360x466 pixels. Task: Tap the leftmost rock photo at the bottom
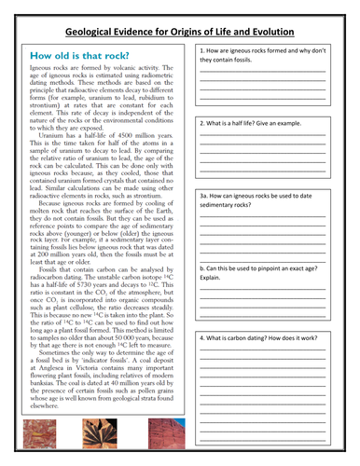[x=47, y=436]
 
